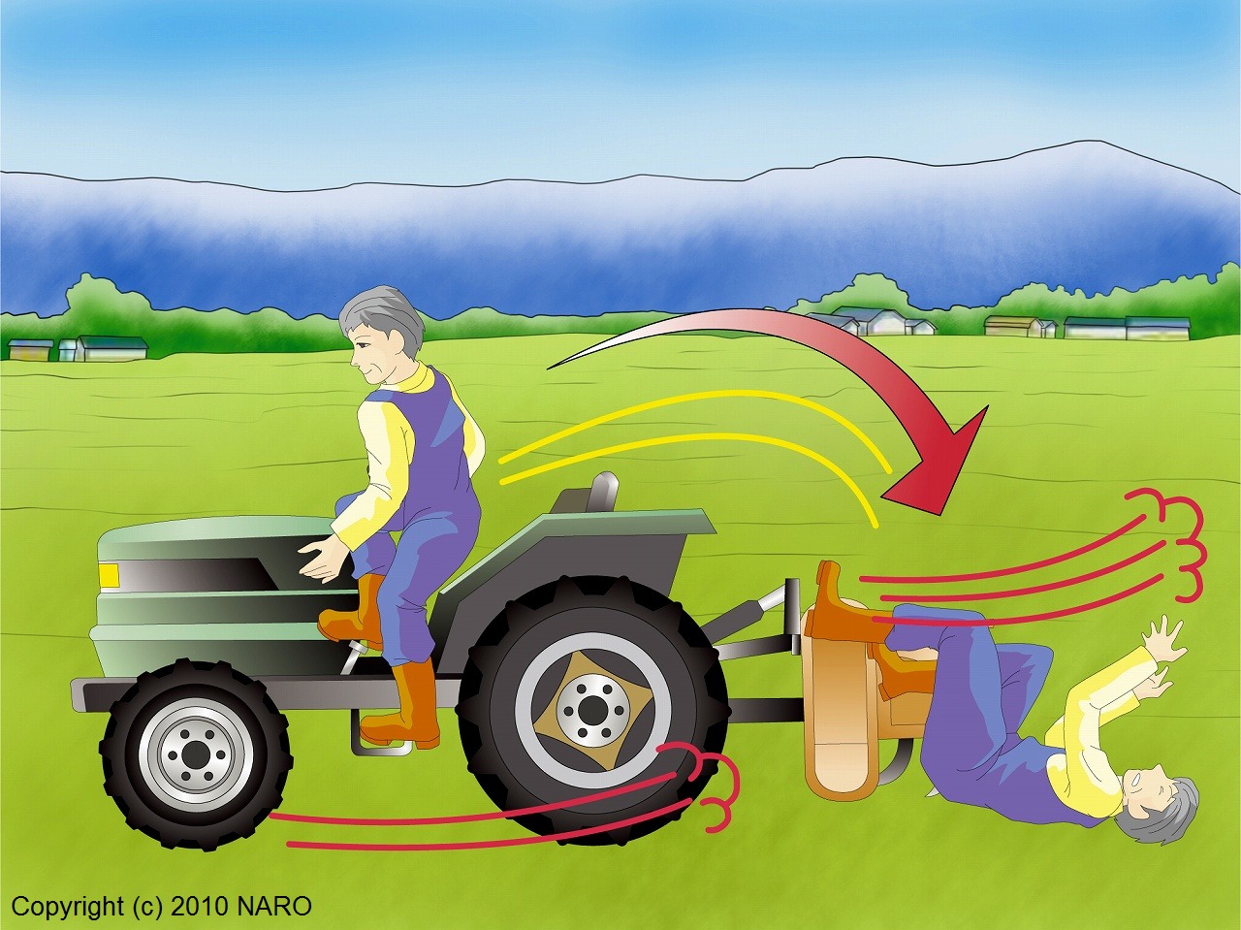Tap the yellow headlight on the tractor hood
pos(109,575)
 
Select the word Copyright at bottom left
pos(67,908)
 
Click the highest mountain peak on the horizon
pos(1094,142)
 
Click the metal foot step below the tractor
pos(380,736)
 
